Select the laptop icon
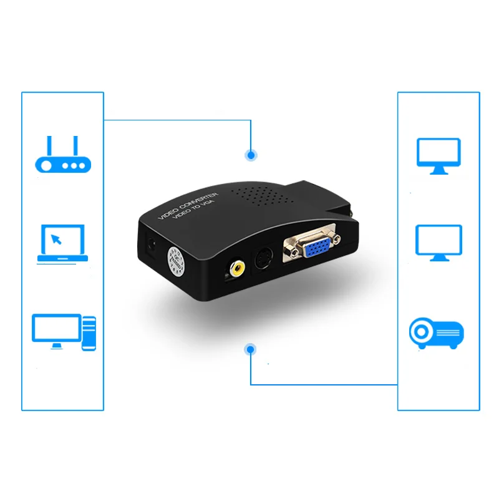(62, 243)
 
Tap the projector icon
(437, 332)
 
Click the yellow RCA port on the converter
(236, 269)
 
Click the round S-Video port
(263, 258)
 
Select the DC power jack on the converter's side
(150, 245)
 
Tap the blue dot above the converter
(251, 154)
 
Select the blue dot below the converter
(251, 349)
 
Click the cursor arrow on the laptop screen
(57, 239)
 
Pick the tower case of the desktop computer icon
(89, 332)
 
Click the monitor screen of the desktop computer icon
(57, 327)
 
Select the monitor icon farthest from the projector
(438, 155)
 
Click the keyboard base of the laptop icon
(62, 258)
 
